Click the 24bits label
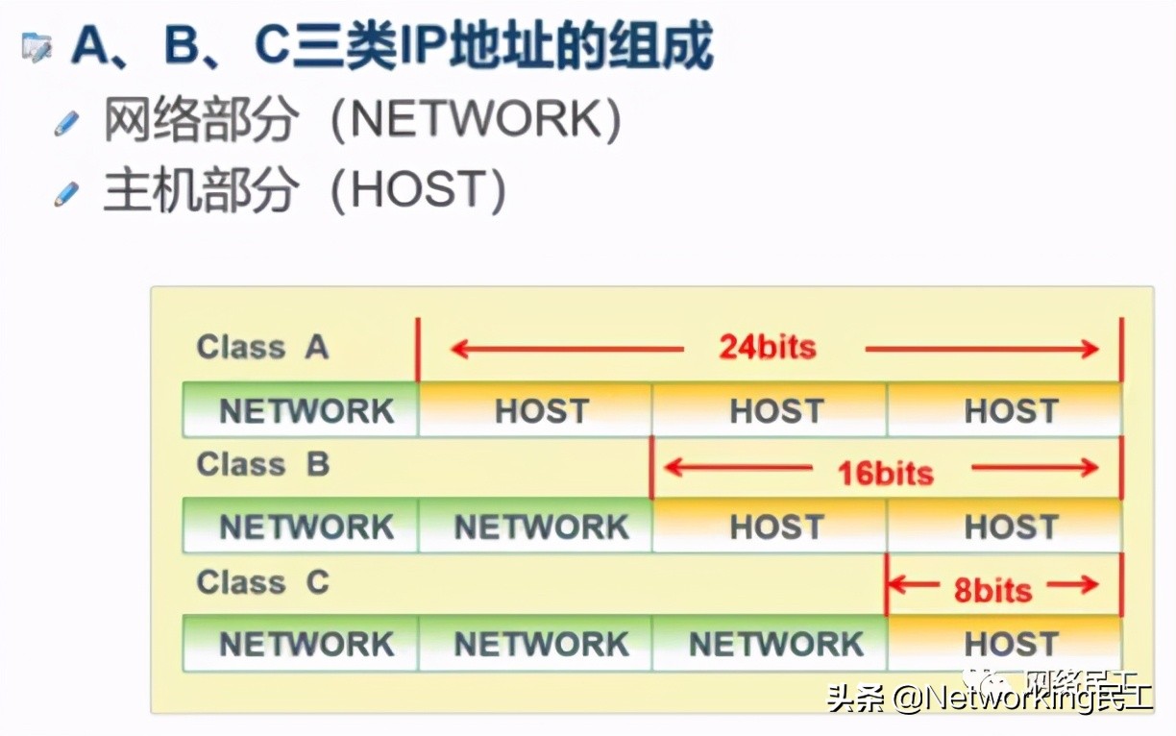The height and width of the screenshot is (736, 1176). pos(767,347)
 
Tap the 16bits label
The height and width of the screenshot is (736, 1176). pos(885,472)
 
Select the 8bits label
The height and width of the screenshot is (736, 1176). pos(992,589)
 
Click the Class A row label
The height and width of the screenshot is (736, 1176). pos(262,347)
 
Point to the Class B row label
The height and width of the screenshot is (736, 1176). pos(262,465)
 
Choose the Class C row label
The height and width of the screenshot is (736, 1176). pos(262,582)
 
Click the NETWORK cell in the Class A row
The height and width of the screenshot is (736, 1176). pos(306,411)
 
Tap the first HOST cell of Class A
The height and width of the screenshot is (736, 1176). pos(541,411)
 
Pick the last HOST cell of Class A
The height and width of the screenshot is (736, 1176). pos(1011,411)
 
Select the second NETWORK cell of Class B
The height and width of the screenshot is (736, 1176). pos(541,527)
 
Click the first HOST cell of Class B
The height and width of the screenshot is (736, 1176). pos(776,527)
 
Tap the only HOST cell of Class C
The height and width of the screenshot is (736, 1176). pos(1011,644)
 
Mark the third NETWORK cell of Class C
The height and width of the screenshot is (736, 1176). pos(776,644)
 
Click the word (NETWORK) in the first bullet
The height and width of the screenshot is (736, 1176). pos(476,121)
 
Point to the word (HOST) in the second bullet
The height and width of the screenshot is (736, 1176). pos(417,191)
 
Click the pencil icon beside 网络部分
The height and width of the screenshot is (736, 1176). pos(66,123)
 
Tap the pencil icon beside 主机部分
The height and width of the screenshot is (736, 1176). pos(66,194)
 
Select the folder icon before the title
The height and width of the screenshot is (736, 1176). pos(37,46)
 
